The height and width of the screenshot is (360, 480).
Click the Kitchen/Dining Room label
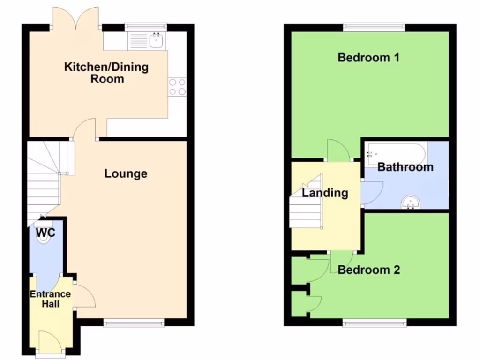point(106,73)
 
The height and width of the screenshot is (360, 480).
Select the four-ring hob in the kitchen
point(177,86)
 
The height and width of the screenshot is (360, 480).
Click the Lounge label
point(126,174)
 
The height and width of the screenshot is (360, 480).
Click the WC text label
point(45,233)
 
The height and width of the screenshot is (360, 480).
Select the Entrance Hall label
point(50,299)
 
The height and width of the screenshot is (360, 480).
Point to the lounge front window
point(134,322)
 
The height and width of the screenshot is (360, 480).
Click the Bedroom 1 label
point(368,58)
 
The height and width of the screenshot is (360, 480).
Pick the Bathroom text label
point(405,167)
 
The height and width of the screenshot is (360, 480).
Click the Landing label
point(325,193)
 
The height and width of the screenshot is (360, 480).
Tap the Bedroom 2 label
point(369,270)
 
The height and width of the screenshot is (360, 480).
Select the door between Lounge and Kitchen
point(85,128)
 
